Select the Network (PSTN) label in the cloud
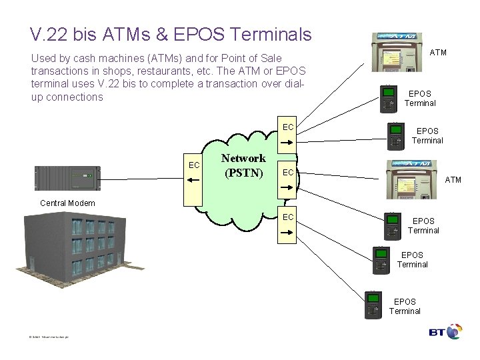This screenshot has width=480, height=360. pyautogui.click(x=243, y=166)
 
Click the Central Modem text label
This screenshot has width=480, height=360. pyautogui.click(x=67, y=203)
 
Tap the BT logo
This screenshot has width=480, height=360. pyautogui.click(x=445, y=331)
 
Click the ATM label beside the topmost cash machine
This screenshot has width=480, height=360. pyautogui.click(x=438, y=52)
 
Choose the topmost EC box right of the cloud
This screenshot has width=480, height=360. pyautogui.click(x=288, y=133)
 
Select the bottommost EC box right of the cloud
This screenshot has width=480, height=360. pyautogui.click(x=288, y=224)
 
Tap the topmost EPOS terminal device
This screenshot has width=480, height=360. pyautogui.click(x=389, y=99)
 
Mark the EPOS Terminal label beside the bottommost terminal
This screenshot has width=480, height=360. pyautogui.click(x=405, y=306)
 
